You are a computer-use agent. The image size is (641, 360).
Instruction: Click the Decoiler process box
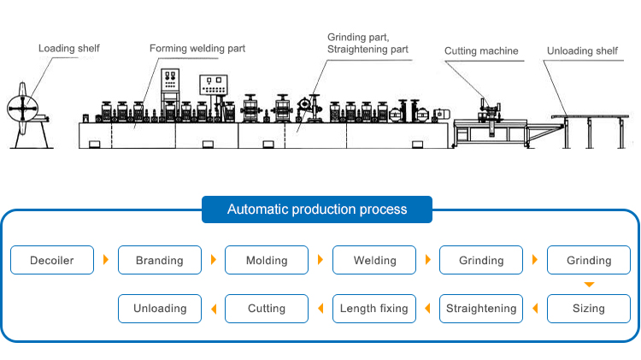[x=52, y=260]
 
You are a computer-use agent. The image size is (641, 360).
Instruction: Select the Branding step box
[x=160, y=260]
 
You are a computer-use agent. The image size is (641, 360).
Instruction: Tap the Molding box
[x=267, y=260]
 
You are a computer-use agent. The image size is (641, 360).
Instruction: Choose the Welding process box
[x=374, y=260]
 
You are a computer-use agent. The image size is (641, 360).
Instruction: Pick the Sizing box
[x=589, y=308]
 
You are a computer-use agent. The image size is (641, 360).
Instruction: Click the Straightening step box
[x=481, y=308]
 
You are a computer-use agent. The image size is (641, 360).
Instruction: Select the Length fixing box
[x=374, y=308]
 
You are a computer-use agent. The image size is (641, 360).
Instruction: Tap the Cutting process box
[x=267, y=308]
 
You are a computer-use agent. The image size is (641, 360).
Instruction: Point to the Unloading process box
[x=160, y=308]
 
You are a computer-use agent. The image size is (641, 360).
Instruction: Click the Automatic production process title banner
[x=317, y=209]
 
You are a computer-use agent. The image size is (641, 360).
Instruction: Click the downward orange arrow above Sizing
[x=589, y=284]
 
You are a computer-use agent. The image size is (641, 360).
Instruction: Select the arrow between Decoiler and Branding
[x=106, y=260]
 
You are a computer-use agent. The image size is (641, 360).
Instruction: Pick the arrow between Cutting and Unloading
[x=213, y=308]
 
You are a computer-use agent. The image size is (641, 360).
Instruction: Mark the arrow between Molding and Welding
[x=320, y=260]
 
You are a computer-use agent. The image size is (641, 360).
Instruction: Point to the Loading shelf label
[x=68, y=48]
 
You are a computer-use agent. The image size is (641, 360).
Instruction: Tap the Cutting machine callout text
[x=481, y=51]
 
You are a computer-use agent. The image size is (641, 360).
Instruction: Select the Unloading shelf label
[x=582, y=51]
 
